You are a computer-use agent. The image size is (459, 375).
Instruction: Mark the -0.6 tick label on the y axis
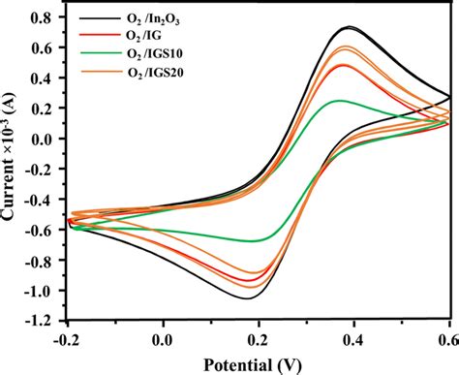point(41,231)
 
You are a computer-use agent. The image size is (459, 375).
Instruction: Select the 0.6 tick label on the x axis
point(448,339)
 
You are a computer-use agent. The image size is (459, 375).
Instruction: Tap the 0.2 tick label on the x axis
point(259,339)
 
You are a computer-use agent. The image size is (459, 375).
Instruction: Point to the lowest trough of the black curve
point(247,298)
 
